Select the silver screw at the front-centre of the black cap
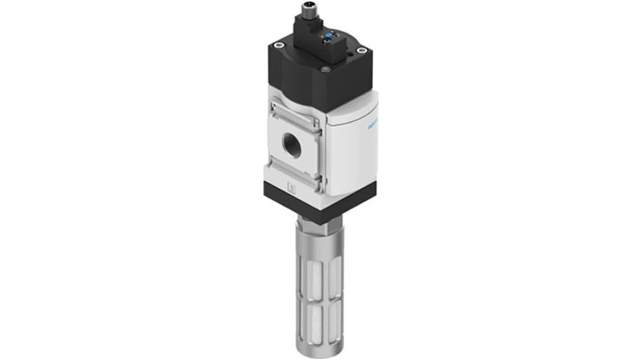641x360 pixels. pyautogui.click(x=324, y=69)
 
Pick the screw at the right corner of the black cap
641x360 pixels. pyautogui.click(x=360, y=51)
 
